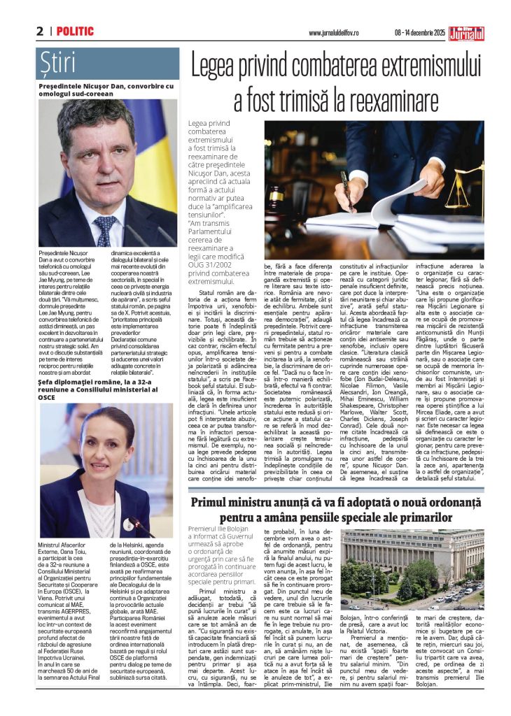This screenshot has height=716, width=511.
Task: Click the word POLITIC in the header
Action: (75, 31)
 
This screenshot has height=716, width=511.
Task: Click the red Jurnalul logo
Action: (466, 31)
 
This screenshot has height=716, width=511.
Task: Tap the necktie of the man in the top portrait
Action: (106, 231)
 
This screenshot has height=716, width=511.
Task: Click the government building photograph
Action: (411, 567)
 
